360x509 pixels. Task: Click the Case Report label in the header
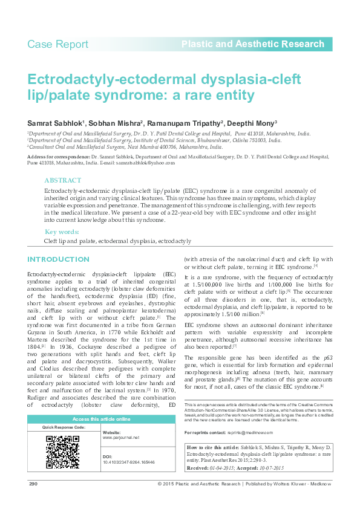coord(58,44)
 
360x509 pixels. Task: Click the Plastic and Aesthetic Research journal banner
coord(253,44)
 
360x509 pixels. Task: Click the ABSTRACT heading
coord(62,180)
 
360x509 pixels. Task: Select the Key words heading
coord(62,232)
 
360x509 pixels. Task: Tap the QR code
coord(62,452)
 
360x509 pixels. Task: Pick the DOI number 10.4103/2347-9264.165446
coord(129,462)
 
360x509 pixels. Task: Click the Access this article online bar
coord(101,419)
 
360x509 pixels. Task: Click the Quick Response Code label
coord(63,427)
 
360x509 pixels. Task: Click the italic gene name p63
coord(327,358)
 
